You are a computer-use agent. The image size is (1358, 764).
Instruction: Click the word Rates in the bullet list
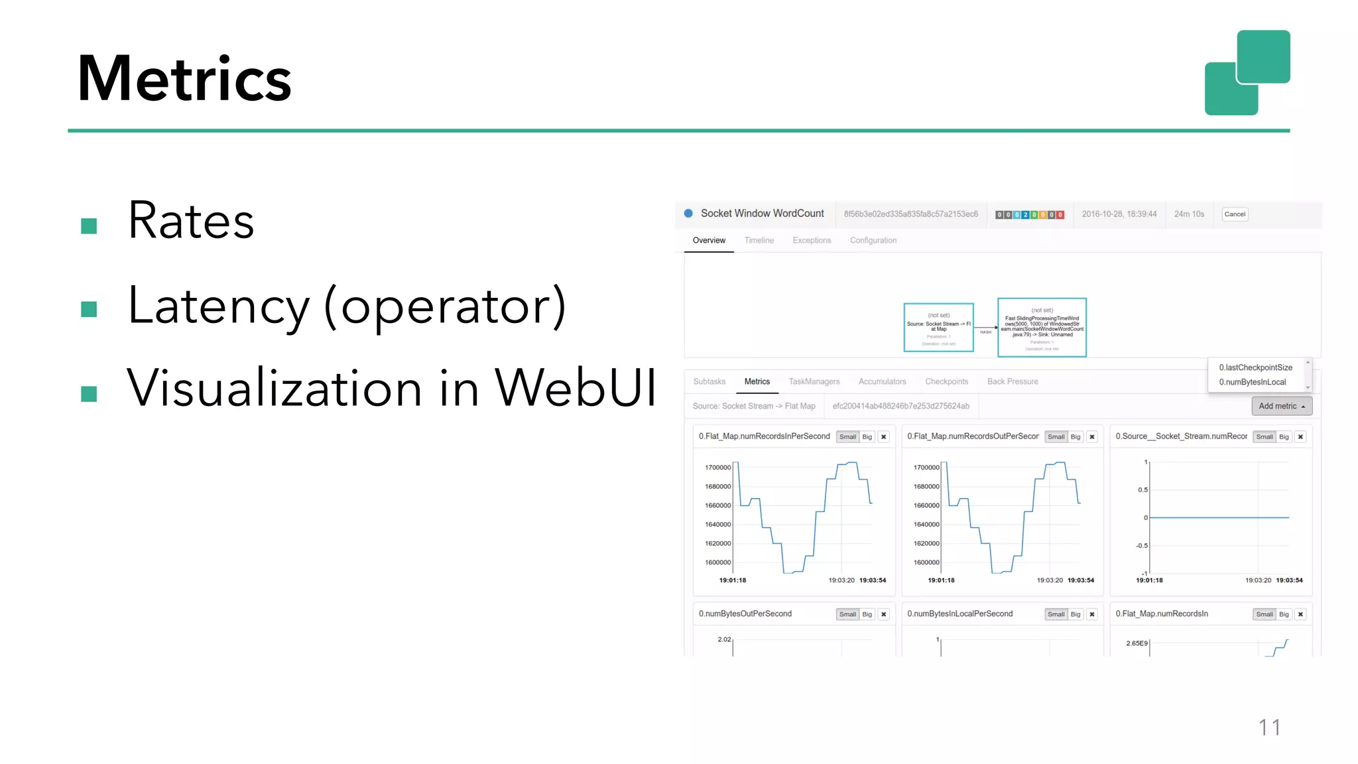191,220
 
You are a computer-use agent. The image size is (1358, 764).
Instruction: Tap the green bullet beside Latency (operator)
89,309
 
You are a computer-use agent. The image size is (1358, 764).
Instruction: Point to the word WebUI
575,387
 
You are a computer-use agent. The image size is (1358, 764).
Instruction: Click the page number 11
1269,728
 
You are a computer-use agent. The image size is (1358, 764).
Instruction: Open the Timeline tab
759,241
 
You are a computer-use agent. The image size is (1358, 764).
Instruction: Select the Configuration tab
873,241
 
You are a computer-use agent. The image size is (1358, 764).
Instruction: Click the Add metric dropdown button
1281,406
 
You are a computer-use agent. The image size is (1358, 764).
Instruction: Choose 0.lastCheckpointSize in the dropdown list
1255,367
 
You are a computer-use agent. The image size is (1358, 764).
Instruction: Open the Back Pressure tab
1012,381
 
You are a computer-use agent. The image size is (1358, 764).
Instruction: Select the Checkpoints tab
946,381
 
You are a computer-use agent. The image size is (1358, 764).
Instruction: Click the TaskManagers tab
814,381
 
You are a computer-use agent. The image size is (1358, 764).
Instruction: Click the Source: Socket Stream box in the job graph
938,327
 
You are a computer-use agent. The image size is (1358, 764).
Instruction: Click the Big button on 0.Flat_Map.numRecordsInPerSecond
867,437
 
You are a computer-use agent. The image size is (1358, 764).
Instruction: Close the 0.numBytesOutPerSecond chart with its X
883,615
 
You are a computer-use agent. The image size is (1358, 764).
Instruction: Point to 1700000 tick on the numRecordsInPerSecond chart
717,468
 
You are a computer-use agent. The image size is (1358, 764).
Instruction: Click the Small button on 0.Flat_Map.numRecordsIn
1264,615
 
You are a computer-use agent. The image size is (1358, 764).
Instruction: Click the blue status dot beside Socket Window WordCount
688,214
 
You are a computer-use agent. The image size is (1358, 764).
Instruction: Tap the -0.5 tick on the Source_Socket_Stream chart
1141,546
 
